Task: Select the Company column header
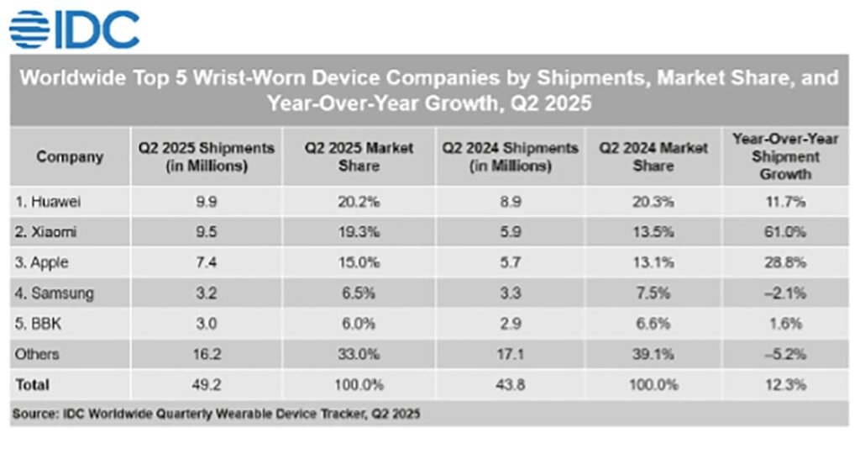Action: (x=70, y=156)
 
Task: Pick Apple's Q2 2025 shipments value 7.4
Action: (x=206, y=262)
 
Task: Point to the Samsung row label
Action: (x=53, y=293)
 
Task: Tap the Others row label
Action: (x=37, y=354)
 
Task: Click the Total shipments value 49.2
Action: (x=206, y=384)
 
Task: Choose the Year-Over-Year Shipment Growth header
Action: (x=784, y=156)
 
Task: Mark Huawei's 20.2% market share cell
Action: (x=359, y=202)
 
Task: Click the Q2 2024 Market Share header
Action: (x=653, y=156)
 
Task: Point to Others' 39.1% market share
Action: (x=653, y=354)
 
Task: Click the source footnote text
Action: (x=216, y=414)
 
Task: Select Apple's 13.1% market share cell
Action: (x=653, y=262)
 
